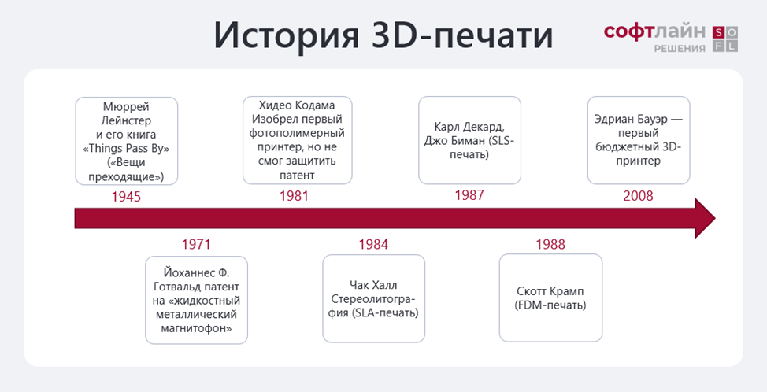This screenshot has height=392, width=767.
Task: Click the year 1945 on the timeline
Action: click(x=126, y=197)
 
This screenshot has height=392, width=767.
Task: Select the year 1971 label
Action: click(x=196, y=244)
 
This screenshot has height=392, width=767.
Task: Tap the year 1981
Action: click(x=294, y=196)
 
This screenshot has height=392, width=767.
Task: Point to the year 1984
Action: click(x=373, y=244)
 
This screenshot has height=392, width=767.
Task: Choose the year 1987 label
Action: click(x=469, y=195)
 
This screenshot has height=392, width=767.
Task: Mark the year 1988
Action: click(x=550, y=244)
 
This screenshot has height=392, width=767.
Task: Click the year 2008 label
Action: click(x=638, y=196)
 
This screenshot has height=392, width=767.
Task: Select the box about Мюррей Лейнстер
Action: click(x=126, y=141)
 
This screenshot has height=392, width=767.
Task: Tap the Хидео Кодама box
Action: click(x=297, y=140)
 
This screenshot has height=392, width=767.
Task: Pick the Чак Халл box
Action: click(x=374, y=298)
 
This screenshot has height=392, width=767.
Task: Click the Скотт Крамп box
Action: click(x=550, y=298)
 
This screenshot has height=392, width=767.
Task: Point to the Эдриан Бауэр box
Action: click(x=639, y=140)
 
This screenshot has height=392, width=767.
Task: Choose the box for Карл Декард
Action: click(x=469, y=140)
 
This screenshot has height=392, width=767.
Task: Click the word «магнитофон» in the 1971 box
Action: click(x=196, y=328)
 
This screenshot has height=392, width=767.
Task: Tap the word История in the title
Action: click(x=286, y=35)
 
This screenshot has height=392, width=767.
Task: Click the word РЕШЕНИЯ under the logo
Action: click(x=680, y=48)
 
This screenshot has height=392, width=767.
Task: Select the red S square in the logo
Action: click(x=719, y=33)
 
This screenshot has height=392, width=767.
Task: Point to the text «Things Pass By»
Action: click(x=126, y=148)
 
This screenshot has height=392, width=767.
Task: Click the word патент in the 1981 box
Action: click(x=297, y=175)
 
